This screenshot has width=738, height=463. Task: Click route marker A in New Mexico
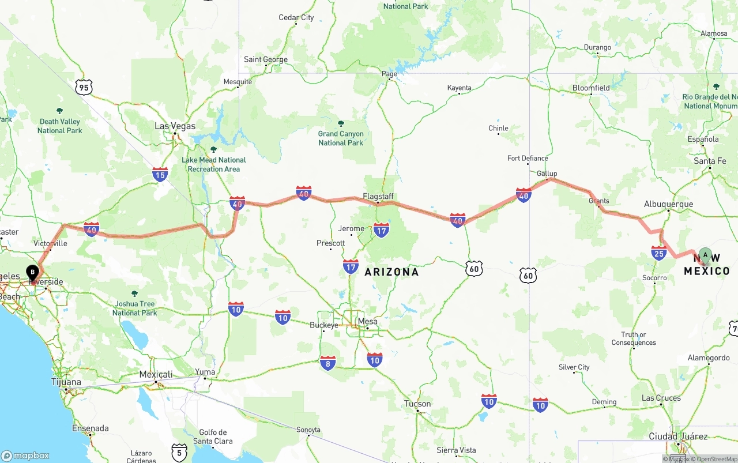pos(705,255)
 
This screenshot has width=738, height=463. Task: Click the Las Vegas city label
pos(175,126)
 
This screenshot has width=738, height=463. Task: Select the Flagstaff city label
pos(378,197)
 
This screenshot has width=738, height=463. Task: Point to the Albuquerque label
pos(668,204)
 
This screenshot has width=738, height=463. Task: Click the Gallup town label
pos(547,174)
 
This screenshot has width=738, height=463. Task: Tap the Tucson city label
pos(417,404)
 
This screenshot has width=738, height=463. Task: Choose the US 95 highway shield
pos(84,88)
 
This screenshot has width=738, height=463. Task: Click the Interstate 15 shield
pos(160,174)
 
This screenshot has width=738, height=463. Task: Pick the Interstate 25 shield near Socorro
pos(659,253)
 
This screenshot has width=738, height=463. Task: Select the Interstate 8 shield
pos(327,363)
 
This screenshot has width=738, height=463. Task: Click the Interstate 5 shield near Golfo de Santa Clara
pos(179,451)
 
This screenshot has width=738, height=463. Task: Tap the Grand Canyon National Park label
pos(341,138)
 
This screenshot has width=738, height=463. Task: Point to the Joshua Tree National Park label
pos(134,308)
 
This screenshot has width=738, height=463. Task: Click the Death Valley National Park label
pos(61,126)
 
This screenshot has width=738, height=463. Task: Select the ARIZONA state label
pos(391,272)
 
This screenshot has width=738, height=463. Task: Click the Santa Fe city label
pos(710,161)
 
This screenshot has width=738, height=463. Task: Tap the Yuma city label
pos(205,372)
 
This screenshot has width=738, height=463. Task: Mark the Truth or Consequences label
pos(634,338)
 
